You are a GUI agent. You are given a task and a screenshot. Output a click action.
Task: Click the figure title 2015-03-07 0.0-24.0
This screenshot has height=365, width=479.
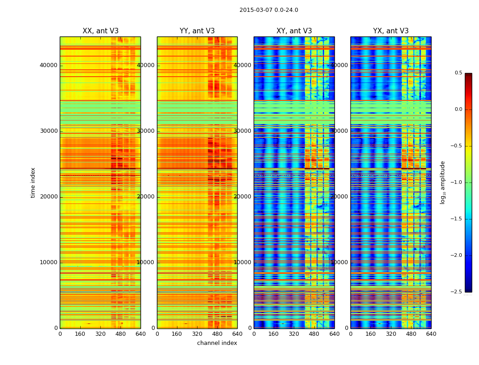[x=269, y=10]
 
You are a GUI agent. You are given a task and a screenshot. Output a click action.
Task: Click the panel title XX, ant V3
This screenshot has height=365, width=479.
[x=100, y=31]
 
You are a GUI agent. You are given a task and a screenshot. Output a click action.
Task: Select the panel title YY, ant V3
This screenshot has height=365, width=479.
[x=197, y=31]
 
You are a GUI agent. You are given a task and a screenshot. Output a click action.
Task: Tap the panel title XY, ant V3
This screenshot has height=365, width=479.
[x=294, y=31]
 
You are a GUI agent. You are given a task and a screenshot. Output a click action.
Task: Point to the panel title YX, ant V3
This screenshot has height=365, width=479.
[x=391, y=31]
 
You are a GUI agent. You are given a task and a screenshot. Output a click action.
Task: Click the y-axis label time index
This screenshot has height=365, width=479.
[x=33, y=182]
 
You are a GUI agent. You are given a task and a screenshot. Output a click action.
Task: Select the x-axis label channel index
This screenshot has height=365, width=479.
[x=217, y=343]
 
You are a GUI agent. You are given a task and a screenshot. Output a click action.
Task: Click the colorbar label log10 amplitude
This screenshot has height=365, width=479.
[x=442, y=182]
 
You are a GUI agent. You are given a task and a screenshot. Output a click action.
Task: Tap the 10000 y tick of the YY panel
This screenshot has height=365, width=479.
[x=146, y=262]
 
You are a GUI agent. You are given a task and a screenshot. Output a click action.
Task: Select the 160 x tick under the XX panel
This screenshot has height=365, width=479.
[x=80, y=334]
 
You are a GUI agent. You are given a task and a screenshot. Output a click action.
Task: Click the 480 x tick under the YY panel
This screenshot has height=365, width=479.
[x=217, y=334]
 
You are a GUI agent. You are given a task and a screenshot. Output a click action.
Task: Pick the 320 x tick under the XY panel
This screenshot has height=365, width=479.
[x=294, y=334]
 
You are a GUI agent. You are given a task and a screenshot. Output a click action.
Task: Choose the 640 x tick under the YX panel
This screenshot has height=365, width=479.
[x=431, y=334]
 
